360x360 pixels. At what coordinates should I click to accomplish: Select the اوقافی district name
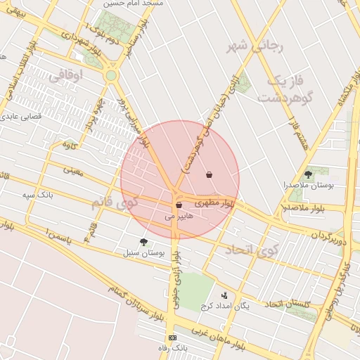(x=67, y=73)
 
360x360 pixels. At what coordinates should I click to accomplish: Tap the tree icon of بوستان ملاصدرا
(x=308, y=174)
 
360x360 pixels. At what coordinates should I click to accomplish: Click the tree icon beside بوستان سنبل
(x=144, y=241)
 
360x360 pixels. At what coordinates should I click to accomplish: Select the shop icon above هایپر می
(x=179, y=205)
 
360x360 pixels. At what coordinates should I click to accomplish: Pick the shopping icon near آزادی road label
(x=209, y=174)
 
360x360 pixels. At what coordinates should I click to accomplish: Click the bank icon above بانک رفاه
(x=173, y=337)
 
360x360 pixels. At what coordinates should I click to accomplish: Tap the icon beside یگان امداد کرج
(x=224, y=295)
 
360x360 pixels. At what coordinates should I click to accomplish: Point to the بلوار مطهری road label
(x=219, y=203)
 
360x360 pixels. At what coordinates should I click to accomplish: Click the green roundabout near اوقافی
(x=110, y=75)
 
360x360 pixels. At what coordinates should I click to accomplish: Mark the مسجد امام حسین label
(x=152, y=4)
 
